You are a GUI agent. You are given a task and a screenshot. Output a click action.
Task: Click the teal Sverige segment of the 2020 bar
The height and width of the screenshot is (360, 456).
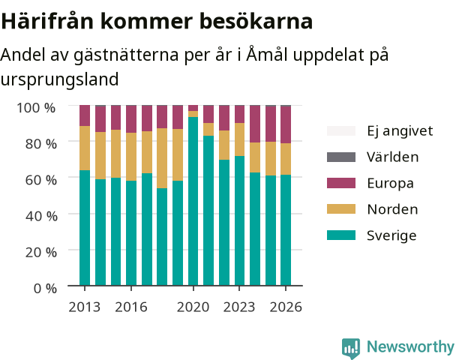tap(193, 201)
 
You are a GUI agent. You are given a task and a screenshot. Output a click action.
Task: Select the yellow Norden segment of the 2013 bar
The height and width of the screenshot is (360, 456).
tap(85, 148)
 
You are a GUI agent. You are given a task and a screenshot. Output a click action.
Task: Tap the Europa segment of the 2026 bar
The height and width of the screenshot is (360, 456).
tap(286, 124)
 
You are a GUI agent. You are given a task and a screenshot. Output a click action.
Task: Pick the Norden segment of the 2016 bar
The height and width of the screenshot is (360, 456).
tap(131, 157)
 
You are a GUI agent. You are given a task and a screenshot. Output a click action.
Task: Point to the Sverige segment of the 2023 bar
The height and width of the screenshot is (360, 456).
tap(240, 220)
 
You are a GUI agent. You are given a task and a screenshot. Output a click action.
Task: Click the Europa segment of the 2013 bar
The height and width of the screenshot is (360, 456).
tap(85, 115)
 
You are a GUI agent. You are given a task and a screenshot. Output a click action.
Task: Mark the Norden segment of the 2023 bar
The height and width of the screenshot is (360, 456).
tap(240, 139)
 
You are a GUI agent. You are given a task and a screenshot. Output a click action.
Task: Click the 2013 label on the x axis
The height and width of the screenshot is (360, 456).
tap(84, 307)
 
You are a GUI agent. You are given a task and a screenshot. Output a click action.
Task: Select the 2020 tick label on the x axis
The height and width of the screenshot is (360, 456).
tap(193, 307)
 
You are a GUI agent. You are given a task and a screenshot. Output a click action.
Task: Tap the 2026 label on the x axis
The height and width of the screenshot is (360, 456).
tap(286, 307)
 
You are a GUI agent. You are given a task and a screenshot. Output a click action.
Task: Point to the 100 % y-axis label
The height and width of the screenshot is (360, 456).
tap(36, 108)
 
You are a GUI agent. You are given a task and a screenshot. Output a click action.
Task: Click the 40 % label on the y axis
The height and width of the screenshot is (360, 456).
tap(41, 216)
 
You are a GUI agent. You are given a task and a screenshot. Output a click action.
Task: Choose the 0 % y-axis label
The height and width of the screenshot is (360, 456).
tap(45, 289)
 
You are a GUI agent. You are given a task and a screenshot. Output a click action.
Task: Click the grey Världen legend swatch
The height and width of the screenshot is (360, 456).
tap(341, 157)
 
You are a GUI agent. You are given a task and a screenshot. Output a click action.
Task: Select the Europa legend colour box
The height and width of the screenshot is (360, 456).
tap(341, 183)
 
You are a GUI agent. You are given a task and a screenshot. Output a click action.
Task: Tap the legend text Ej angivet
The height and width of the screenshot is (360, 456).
tap(400, 131)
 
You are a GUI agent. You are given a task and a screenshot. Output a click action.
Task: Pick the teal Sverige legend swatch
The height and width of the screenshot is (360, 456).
tap(341, 235)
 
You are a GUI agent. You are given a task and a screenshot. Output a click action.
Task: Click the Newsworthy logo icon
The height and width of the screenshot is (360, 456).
tap(351, 348)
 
